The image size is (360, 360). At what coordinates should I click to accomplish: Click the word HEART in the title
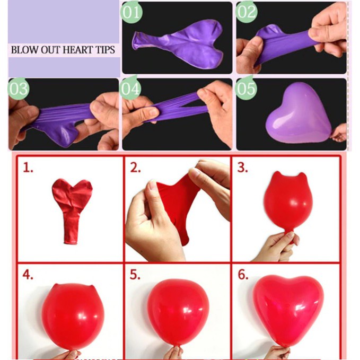[x=78, y=50]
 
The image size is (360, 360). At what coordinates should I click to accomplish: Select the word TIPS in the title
[x=106, y=50]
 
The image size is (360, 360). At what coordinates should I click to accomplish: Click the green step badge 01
[x=131, y=12]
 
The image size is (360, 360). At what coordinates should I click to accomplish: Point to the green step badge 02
[x=247, y=12]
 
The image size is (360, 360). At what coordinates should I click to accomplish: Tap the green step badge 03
[x=19, y=89]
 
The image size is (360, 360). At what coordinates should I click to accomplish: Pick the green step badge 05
[x=246, y=89]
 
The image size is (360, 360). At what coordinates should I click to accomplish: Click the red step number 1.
[x=28, y=168]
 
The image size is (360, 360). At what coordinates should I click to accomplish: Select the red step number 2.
[x=135, y=168]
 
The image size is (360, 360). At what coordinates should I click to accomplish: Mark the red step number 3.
[x=243, y=168]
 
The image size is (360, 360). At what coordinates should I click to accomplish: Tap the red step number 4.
[x=28, y=275]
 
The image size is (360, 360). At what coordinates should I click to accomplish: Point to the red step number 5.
[x=135, y=275]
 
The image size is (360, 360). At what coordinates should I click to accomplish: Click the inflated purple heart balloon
[x=298, y=113]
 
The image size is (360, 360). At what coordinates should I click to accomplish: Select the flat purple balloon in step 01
[x=178, y=43]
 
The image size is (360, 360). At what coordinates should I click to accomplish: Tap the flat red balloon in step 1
[x=72, y=210]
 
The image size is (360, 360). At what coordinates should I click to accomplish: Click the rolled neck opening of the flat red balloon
[x=71, y=242]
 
